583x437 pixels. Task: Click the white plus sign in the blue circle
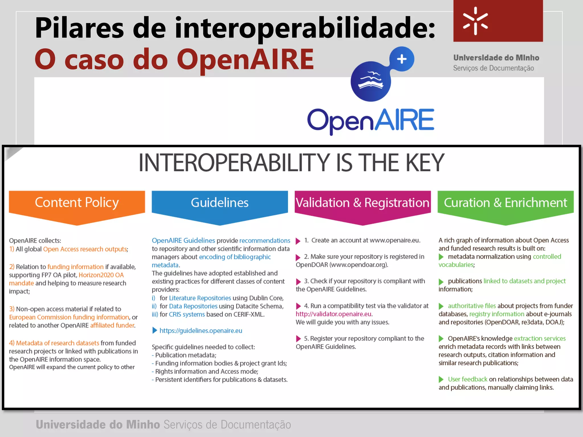[x=402, y=59]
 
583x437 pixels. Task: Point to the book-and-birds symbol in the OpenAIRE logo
[x=370, y=81]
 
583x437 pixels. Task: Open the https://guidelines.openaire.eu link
[x=201, y=331]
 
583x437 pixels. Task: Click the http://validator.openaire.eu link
[x=333, y=314]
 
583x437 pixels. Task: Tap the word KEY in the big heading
[x=424, y=163]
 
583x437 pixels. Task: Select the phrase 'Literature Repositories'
[x=200, y=298]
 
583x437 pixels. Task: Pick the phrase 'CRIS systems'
[x=187, y=314]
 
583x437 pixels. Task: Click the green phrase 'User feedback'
[x=467, y=379]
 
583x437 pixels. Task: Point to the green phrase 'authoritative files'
[x=472, y=306]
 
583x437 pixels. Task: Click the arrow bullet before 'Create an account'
[x=298, y=241]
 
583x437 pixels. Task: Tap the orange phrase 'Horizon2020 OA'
[x=101, y=275]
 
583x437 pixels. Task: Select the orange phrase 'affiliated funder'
[x=112, y=325]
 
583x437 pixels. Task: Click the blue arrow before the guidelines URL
[x=155, y=330]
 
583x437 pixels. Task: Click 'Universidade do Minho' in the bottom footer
[x=98, y=424]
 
